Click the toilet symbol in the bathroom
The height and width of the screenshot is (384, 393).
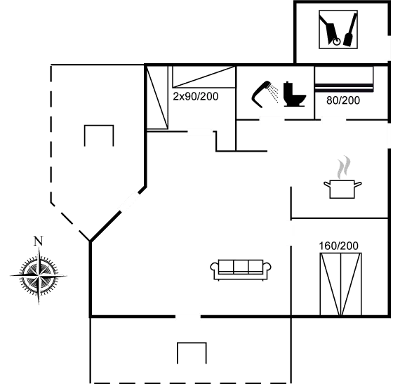point(294,94)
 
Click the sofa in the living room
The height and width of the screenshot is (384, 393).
point(241,270)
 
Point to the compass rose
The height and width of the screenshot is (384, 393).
point(39,275)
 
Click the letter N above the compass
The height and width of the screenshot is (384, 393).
point(38,241)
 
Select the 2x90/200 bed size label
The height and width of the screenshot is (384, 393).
point(196,96)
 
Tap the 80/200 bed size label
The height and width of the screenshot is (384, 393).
point(343,100)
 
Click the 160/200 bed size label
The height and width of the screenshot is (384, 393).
point(338,246)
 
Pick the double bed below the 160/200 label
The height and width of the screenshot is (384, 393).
point(340,284)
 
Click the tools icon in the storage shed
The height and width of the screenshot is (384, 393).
point(338,29)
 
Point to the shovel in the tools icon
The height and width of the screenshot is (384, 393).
point(349,30)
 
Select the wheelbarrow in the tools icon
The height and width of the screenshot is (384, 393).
point(331,30)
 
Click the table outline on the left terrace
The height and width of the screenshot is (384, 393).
point(99,126)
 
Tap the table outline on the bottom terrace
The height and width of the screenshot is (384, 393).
point(192,343)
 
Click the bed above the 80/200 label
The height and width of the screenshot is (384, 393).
point(344,79)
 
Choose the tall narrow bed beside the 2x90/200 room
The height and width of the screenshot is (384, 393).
point(157,98)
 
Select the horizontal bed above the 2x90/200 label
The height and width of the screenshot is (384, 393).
point(204,77)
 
